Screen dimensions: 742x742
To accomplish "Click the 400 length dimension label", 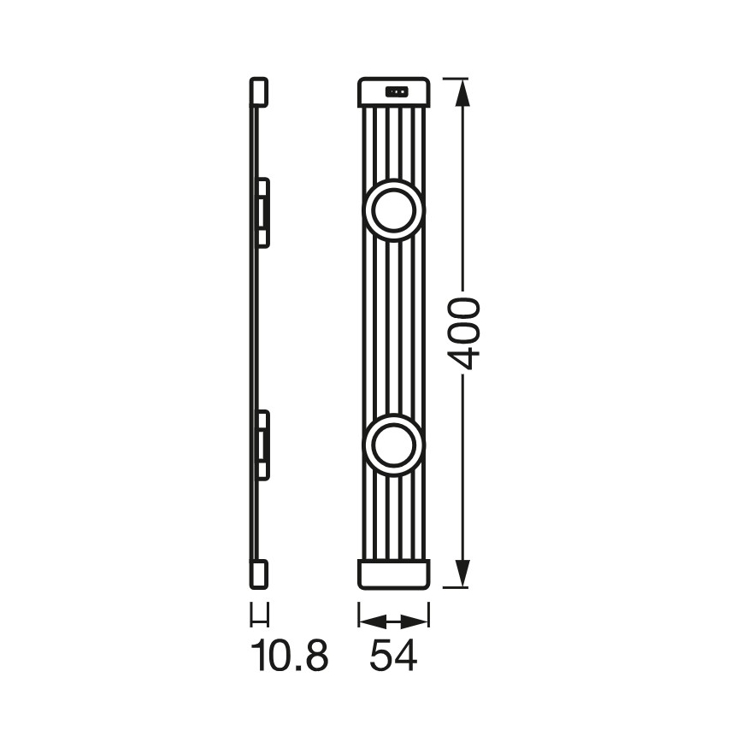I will pyautogui.click(x=463, y=333).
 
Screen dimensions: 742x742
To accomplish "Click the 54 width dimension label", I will pyautogui.click(x=394, y=657).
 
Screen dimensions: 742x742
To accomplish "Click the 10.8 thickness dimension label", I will pyautogui.click(x=290, y=657).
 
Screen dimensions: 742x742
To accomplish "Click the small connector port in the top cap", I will pyautogui.click(x=396, y=91).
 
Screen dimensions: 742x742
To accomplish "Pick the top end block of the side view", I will pyautogui.click(x=259, y=93).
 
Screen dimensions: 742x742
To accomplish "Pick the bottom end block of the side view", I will pyautogui.click(x=259, y=572).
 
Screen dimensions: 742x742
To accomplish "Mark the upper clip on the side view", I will pyautogui.click(x=263, y=212).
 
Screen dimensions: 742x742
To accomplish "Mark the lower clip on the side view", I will pyautogui.click(x=263, y=444).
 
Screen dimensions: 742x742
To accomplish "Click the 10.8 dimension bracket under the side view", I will pyautogui.click(x=259, y=615).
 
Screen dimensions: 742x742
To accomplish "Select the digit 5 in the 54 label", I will pyautogui.click(x=381, y=657).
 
